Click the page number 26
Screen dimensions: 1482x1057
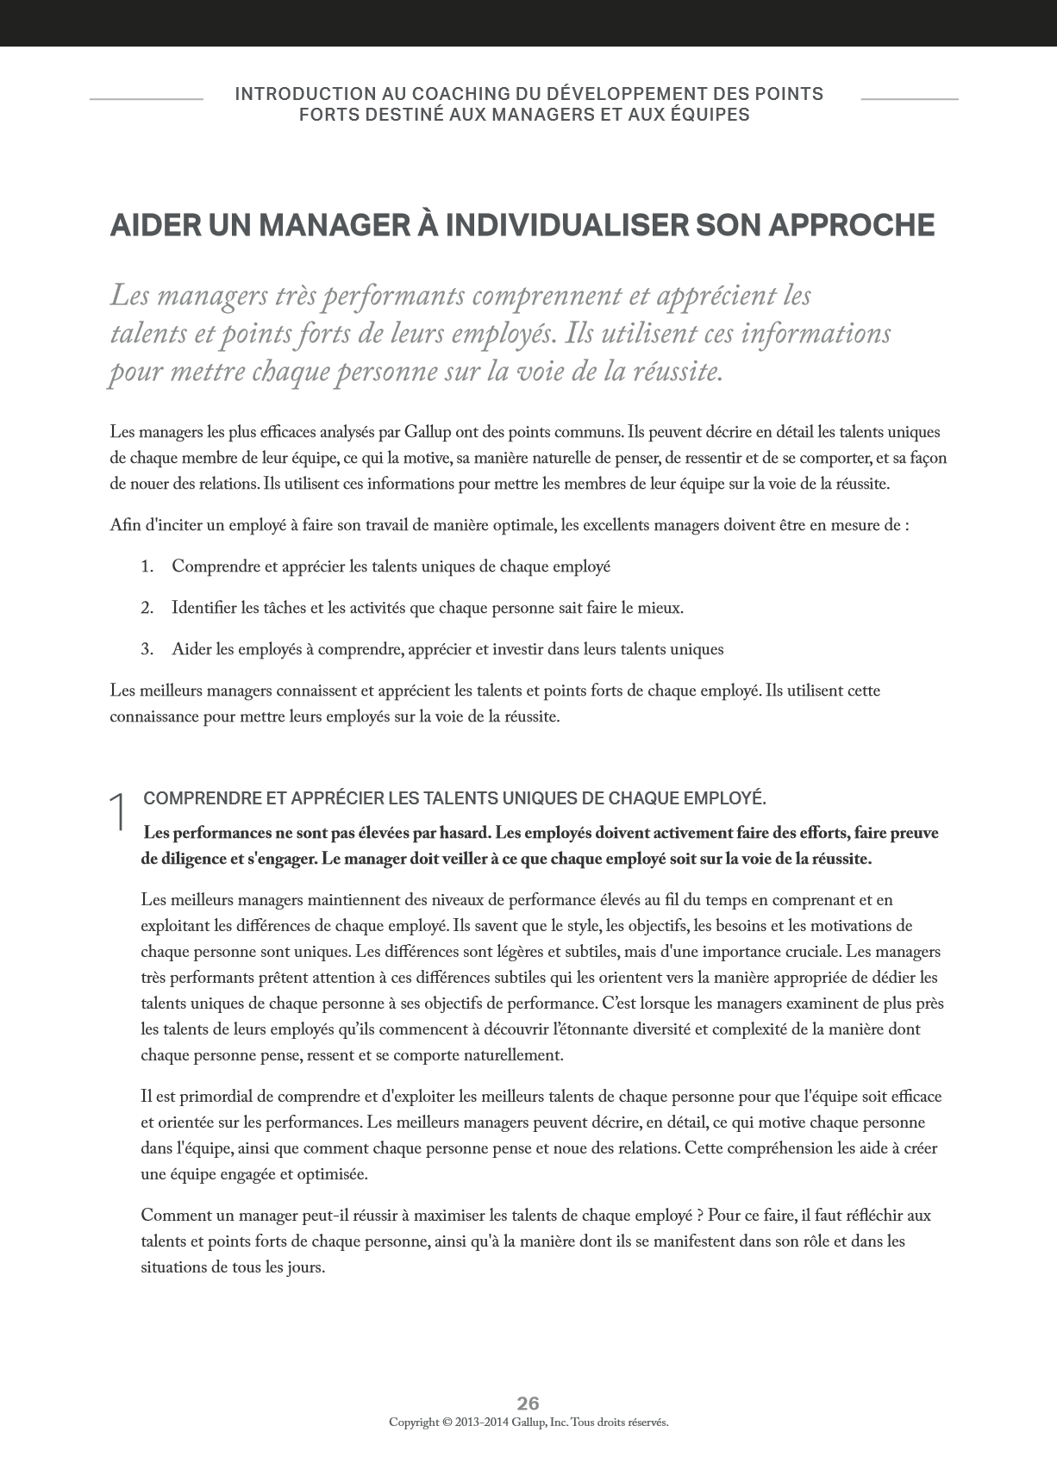(528, 1403)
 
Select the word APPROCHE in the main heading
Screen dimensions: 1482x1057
(851, 226)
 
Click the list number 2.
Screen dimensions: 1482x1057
(147, 609)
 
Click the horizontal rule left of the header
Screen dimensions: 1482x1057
(146, 100)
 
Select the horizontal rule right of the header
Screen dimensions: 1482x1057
(909, 100)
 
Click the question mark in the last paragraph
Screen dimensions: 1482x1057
(700, 1216)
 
